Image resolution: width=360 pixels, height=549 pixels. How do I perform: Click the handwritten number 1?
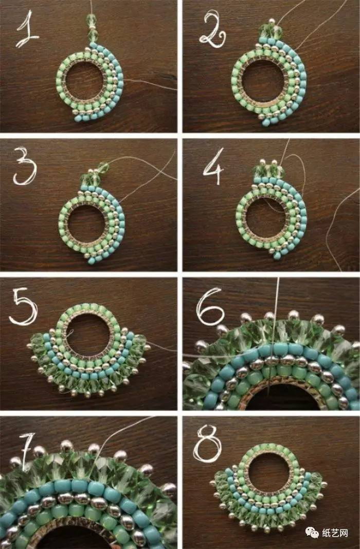tap(27, 30)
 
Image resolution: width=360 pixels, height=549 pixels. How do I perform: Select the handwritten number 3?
tap(25, 167)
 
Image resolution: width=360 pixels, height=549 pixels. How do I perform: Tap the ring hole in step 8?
tap(269, 471)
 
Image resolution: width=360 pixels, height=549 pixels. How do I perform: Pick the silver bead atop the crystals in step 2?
tap(272, 22)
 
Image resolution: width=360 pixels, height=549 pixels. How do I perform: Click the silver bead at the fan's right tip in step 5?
tap(148, 347)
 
